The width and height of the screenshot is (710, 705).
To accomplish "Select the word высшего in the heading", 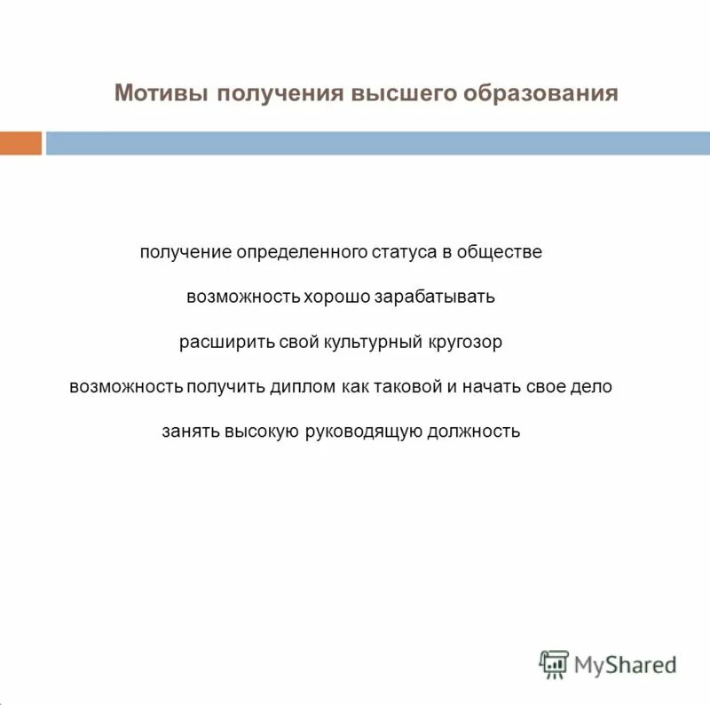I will (x=400, y=94).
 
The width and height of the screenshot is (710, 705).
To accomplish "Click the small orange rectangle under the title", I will (x=20, y=143).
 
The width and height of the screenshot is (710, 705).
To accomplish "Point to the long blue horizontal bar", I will (x=378, y=143).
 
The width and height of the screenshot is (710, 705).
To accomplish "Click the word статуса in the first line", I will (x=404, y=252).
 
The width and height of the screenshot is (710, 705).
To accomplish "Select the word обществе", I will (x=499, y=252).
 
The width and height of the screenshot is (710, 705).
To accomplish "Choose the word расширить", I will (x=218, y=342).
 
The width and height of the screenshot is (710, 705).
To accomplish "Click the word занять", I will (x=190, y=432).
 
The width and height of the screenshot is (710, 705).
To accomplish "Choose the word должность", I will (x=474, y=432).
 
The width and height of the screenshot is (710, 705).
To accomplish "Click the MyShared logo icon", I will (x=554, y=663).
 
